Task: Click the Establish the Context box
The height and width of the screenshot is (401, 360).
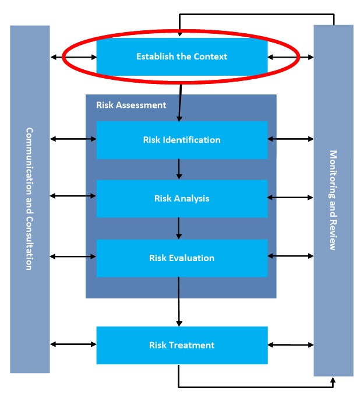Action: pos(182,57)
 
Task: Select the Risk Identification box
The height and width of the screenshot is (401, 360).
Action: pos(182,140)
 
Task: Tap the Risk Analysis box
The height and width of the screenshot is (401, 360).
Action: pos(182,198)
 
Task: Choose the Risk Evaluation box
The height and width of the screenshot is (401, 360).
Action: pos(182,258)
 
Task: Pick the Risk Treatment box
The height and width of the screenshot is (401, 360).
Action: pos(182,345)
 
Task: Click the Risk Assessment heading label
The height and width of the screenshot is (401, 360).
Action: pos(131,105)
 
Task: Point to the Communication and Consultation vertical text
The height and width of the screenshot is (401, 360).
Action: pos(29,198)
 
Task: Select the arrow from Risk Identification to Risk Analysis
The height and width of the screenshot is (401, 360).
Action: pos(179,169)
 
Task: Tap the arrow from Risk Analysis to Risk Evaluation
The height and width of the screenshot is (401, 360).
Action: pos(179,228)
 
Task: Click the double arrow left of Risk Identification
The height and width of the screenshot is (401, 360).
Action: pos(73,139)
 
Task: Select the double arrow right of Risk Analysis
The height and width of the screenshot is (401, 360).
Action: pos(291,198)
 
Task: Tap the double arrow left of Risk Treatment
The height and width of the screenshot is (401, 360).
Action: pos(73,344)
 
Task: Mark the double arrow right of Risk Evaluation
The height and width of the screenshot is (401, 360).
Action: pos(291,256)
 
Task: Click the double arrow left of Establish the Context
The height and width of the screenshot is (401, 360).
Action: pos(73,57)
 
